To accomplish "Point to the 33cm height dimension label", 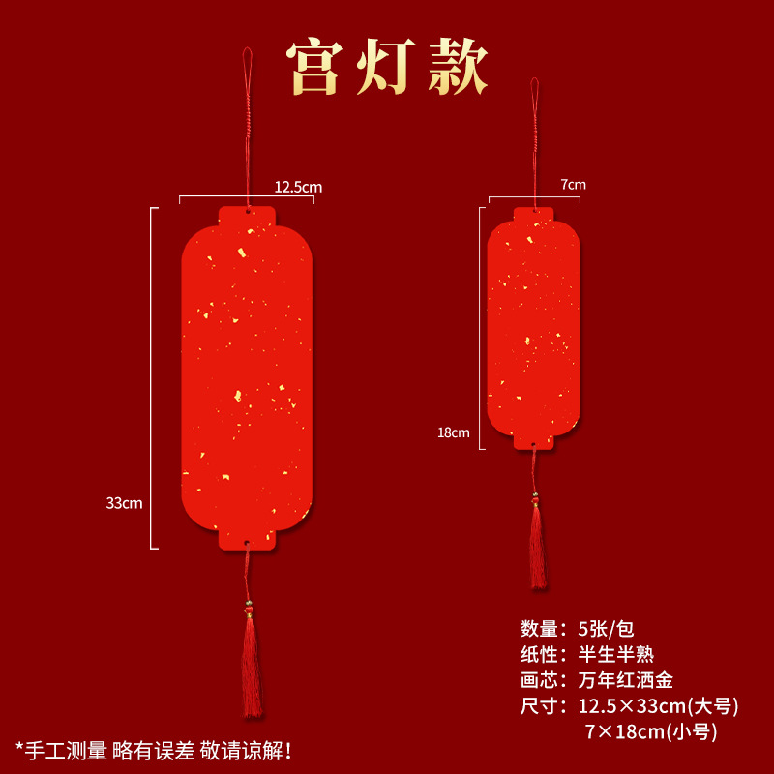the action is (125, 502).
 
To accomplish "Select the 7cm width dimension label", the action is (573, 184).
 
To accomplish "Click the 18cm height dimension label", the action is (453, 432).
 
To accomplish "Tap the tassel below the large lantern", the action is (252, 668).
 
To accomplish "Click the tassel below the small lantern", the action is (537, 547).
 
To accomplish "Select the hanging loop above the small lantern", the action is (533, 97).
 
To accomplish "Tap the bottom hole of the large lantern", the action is (247, 544).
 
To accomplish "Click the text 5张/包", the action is (607, 628).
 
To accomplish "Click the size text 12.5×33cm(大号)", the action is (658, 706).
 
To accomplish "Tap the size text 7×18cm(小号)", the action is (650, 731).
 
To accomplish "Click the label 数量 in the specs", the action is (542, 628).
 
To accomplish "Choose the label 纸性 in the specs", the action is (542, 654).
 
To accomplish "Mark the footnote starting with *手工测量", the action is (154, 749).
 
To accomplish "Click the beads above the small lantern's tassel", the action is (535, 499).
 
